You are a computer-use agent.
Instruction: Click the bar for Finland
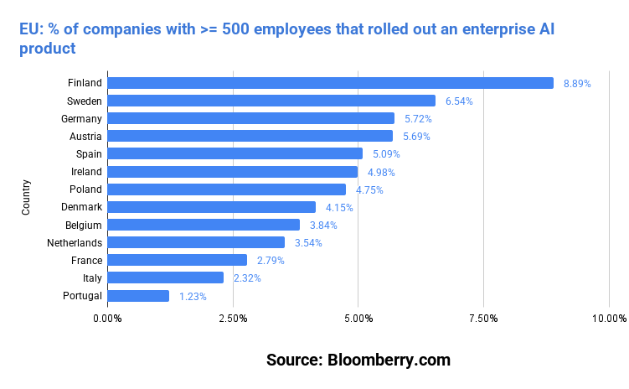[x=330, y=83]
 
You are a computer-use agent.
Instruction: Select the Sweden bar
[x=271, y=101]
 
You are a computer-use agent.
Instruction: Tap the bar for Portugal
[x=138, y=296]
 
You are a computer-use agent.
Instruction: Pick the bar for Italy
[x=165, y=277]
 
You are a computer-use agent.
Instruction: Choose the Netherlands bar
[x=196, y=242]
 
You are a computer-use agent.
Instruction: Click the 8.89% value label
[x=577, y=84]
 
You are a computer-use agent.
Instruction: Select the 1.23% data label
[x=193, y=296]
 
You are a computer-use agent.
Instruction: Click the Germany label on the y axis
[x=80, y=118]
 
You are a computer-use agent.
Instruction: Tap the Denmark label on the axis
[x=81, y=207]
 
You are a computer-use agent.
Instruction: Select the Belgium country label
[x=83, y=225]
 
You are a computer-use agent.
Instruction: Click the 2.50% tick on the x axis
[x=233, y=319]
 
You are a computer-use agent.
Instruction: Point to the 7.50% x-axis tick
[x=483, y=319]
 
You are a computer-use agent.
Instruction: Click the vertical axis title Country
[x=26, y=197]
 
